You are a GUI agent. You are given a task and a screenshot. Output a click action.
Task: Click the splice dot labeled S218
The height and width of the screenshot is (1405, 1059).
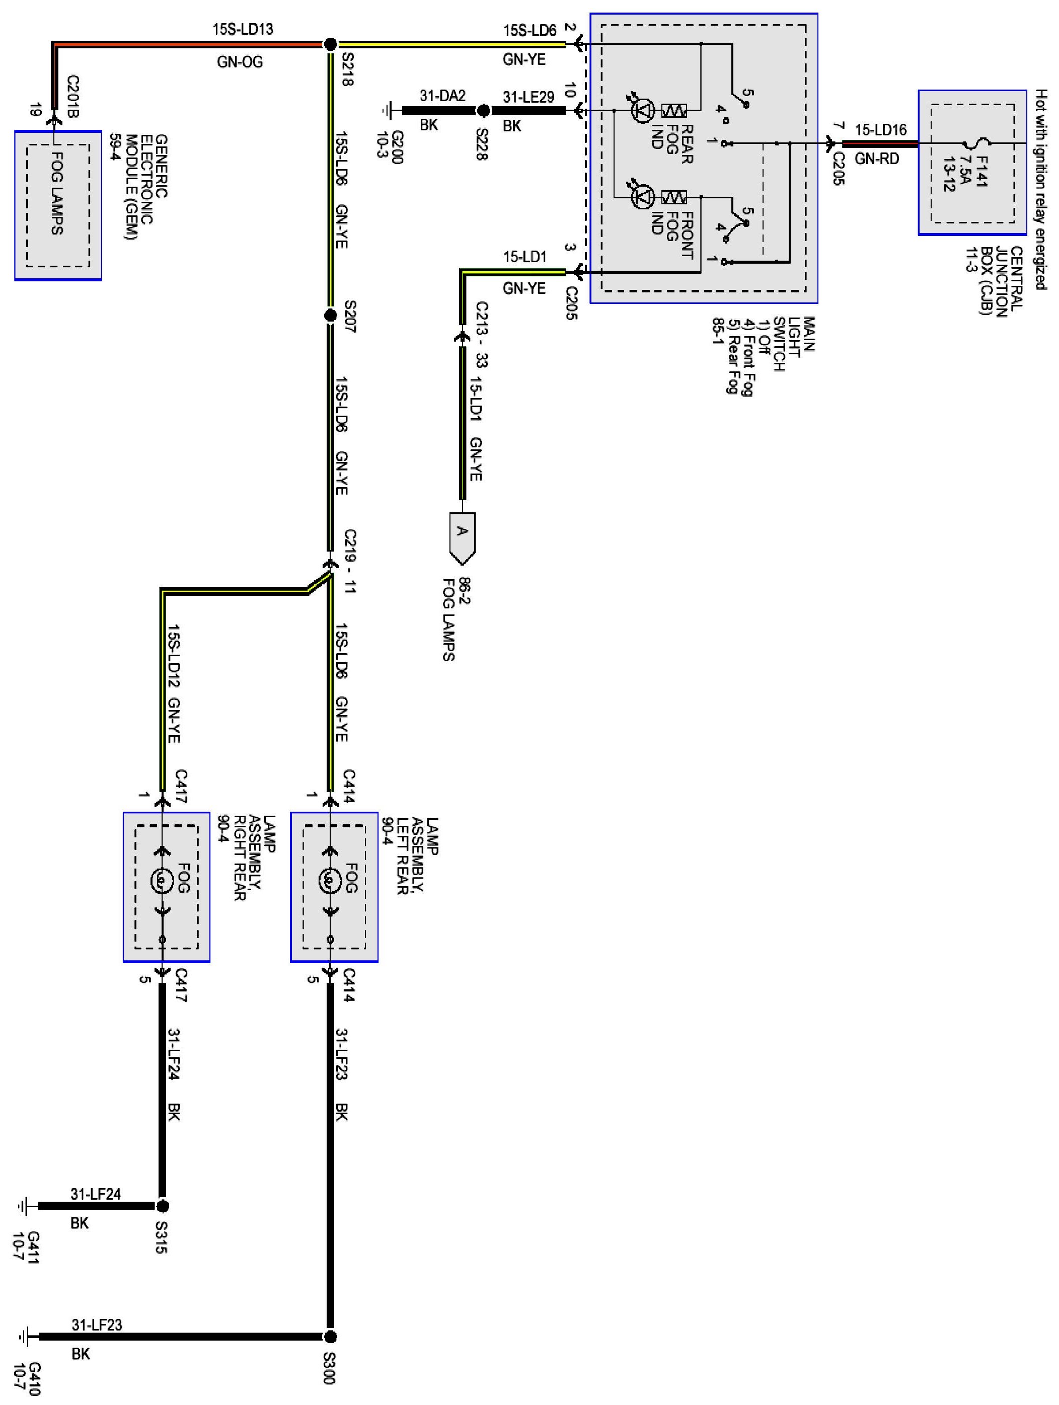[330, 44]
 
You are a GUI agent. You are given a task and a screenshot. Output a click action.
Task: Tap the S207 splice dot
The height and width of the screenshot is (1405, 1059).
[330, 316]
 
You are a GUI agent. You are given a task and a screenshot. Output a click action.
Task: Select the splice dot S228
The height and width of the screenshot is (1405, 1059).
[483, 111]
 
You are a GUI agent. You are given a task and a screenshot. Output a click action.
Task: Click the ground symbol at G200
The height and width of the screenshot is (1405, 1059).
[387, 111]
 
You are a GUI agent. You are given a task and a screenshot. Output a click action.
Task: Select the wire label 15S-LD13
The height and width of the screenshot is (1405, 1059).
[243, 29]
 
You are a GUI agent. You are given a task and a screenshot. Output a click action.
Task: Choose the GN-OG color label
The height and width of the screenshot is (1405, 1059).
[240, 61]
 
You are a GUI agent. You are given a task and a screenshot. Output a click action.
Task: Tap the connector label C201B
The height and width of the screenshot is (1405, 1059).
[72, 97]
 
